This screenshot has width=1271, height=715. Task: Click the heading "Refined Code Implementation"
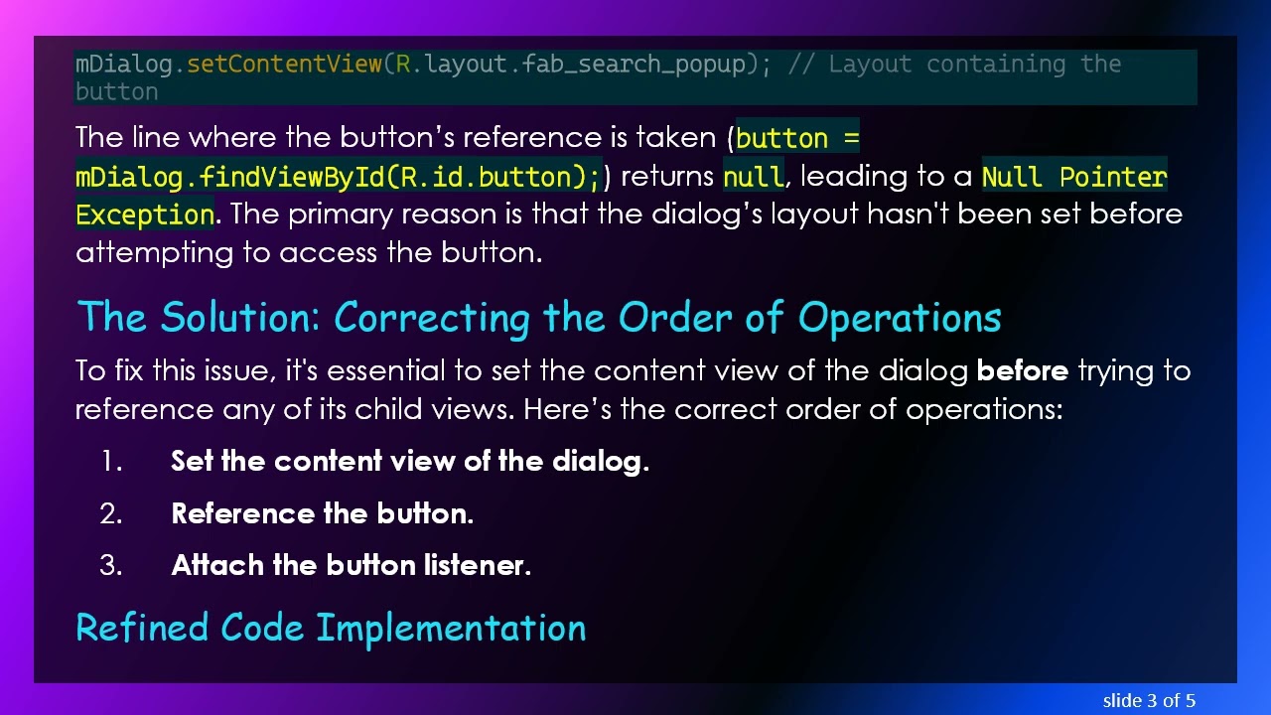coord(331,628)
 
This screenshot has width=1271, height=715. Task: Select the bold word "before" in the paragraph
coord(1022,371)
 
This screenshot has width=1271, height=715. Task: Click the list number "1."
coord(111,461)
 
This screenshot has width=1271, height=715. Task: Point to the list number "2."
coord(111,513)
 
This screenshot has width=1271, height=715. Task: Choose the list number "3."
coord(111,565)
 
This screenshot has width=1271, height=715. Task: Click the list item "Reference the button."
coord(322,513)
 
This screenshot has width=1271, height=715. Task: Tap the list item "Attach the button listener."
coord(351,565)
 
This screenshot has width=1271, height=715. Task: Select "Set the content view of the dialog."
coord(409,461)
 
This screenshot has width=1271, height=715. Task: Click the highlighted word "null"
coord(753,177)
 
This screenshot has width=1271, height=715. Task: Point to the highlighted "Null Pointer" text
coord(1073,177)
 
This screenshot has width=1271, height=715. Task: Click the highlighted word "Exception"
coord(145,214)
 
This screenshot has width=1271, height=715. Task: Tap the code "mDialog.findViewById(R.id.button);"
coord(338,177)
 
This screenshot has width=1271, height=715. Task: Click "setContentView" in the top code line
coord(284,65)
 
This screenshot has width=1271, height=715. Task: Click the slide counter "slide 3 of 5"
coord(1149,701)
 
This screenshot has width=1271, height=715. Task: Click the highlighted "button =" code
coord(797,138)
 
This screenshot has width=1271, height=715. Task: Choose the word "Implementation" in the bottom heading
coord(451,628)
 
